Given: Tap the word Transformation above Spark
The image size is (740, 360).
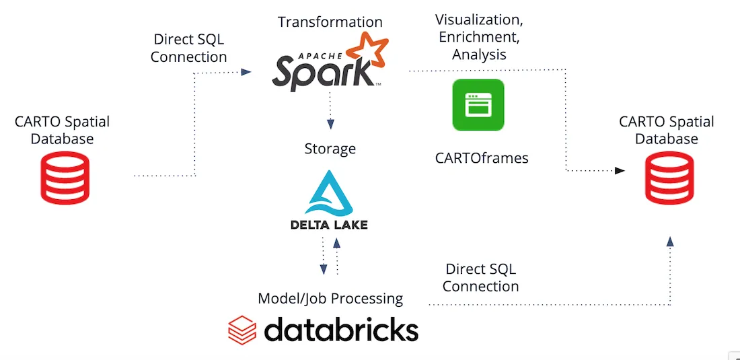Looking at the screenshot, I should click(330, 22).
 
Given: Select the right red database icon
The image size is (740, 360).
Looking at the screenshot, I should click(669, 178).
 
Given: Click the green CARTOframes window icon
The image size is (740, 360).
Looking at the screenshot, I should click(478, 105).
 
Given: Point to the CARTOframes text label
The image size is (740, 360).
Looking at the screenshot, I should click(481, 159).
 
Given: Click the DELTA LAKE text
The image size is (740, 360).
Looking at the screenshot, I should click(329, 225).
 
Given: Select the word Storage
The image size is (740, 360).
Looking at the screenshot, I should click(330, 149).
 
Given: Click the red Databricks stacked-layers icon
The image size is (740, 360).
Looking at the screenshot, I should click(242, 330).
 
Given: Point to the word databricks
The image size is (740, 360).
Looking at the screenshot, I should click(341, 330).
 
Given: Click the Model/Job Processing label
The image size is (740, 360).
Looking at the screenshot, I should click(330, 298).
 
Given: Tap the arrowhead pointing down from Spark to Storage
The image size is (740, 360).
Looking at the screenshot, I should click(330, 124).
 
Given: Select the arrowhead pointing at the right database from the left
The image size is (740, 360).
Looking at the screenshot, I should click(619, 171).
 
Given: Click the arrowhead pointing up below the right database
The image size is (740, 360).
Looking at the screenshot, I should click(670, 240).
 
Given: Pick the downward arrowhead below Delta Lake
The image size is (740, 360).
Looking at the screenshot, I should click(323, 269).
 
